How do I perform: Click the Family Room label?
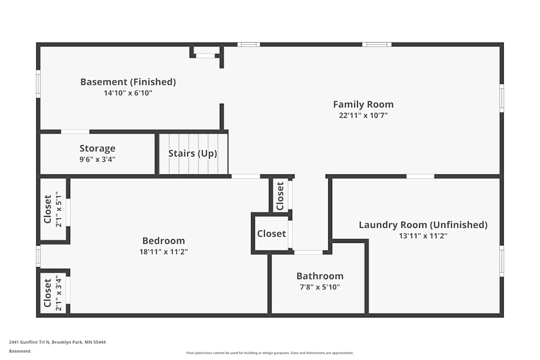(x=363, y=104)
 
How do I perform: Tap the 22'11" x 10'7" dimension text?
(x=363, y=116)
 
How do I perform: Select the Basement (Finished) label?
(x=128, y=82)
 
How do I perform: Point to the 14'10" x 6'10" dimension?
(x=128, y=93)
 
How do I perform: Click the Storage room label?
(x=97, y=148)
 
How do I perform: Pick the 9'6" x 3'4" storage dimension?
(x=97, y=159)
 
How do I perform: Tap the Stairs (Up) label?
(x=193, y=153)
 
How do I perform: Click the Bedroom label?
(x=164, y=241)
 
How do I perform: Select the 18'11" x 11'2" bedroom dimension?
(x=164, y=252)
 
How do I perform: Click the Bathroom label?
(x=320, y=276)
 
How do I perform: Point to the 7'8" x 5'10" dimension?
(x=320, y=287)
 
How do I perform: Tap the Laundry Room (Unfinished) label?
(x=423, y=225)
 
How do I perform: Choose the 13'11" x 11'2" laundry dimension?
(x=423, y=236)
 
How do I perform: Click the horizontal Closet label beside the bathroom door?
(x=272, y=234)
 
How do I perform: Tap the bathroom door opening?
(x=308, y=252)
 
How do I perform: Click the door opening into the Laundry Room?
(x=420, y=176)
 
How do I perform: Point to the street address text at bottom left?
(x=58, y=342)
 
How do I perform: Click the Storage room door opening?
(x=75, y=132)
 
